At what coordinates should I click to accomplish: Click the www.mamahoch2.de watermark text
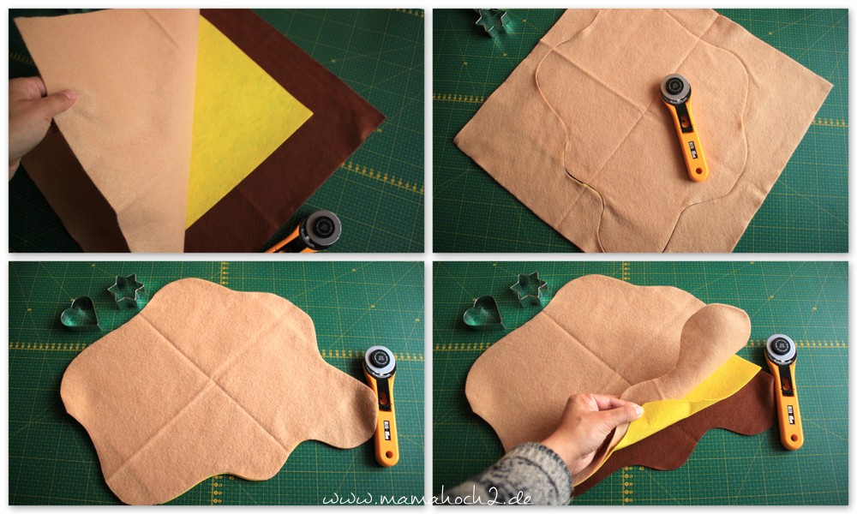(427, 499)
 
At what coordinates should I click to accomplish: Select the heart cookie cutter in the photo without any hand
(79, 314)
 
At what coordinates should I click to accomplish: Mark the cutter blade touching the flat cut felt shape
(380, 361)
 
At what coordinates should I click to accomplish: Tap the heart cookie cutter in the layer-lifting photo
(482, 313)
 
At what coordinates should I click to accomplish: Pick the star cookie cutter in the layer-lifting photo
(529, 289)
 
